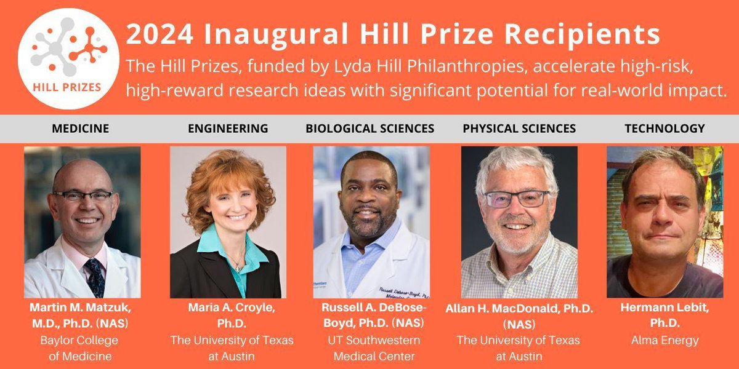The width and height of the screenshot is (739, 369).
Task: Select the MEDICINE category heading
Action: click(80, 129)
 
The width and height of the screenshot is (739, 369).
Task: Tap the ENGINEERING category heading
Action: click(228, 129)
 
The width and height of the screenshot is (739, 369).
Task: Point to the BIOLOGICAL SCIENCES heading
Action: click(370, 129)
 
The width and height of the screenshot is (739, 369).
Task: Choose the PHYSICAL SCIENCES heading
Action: click(519, 129)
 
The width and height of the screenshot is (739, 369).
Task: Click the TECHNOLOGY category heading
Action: click(664, 129)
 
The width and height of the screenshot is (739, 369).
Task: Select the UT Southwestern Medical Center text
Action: click(371, 348)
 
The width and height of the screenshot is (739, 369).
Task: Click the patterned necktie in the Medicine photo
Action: click(96, 277)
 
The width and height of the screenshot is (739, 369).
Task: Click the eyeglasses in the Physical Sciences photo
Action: click(516, 199)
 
